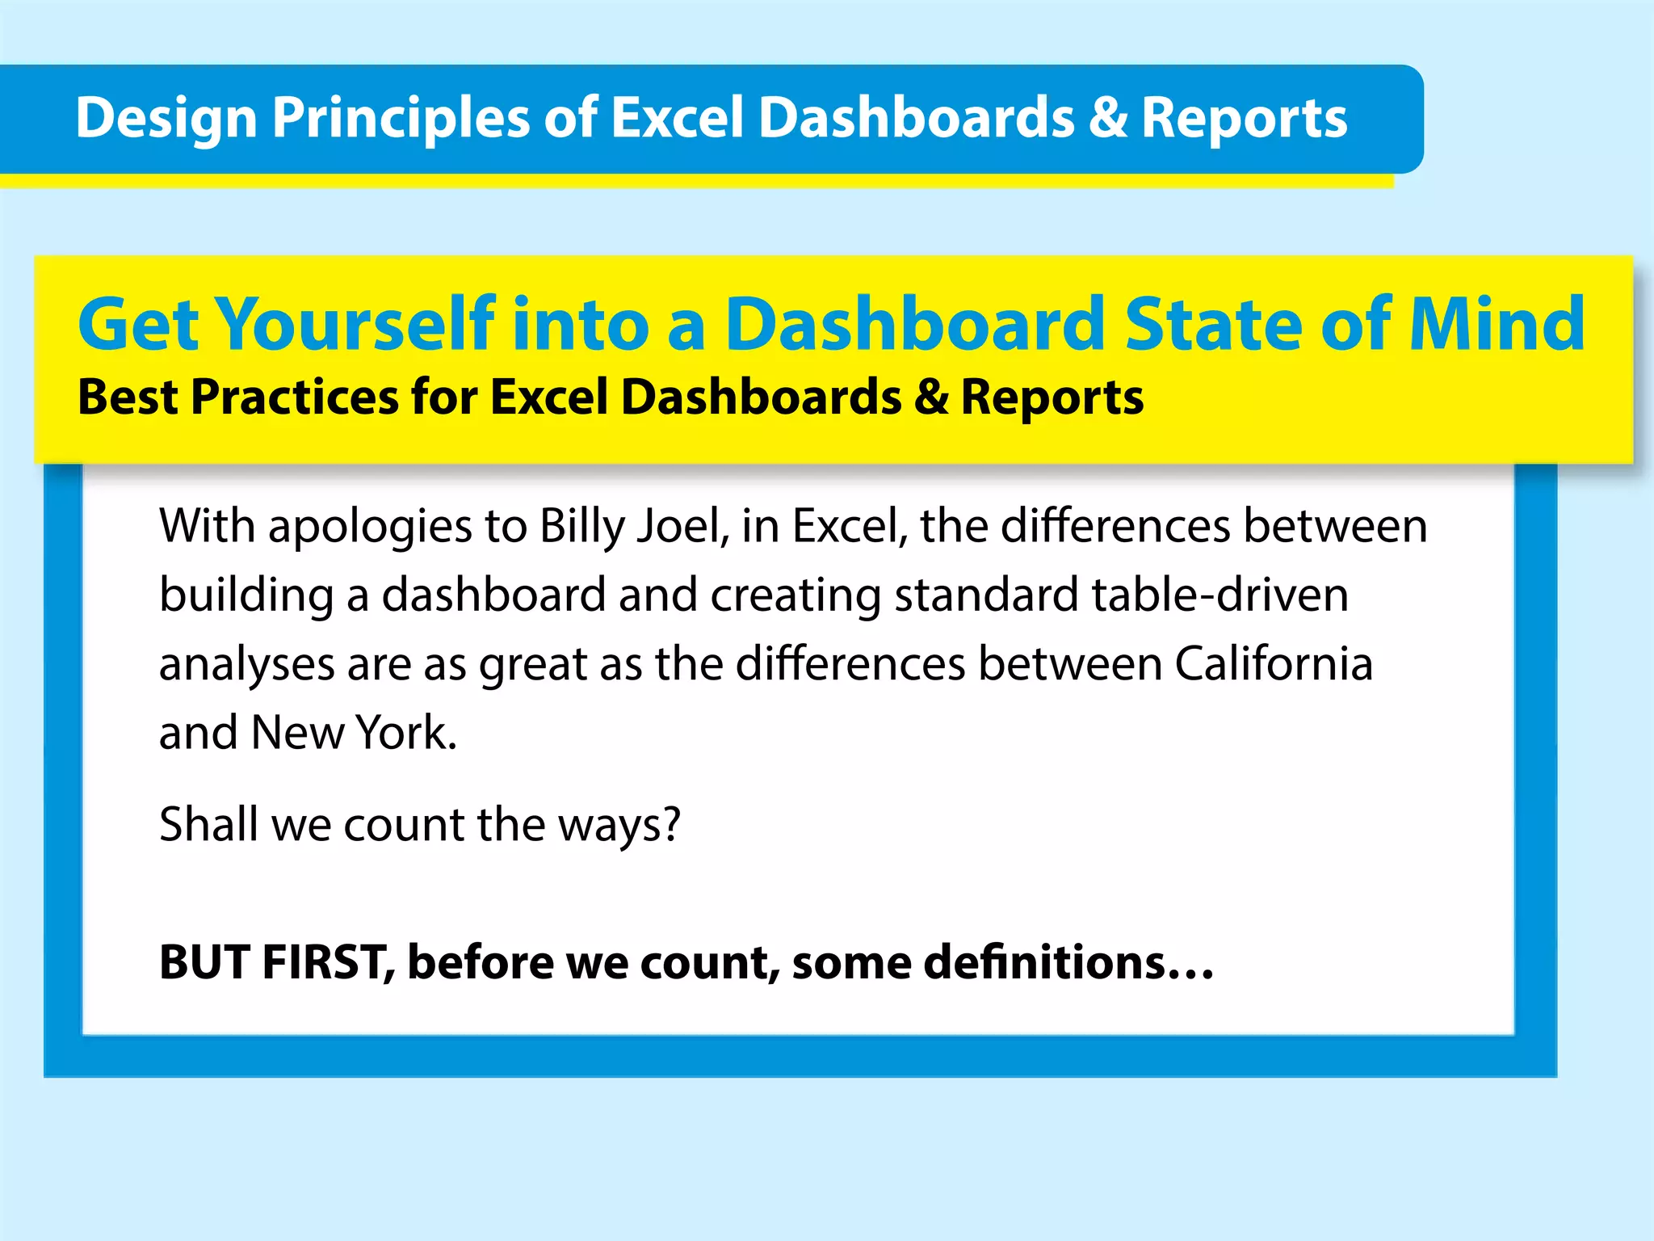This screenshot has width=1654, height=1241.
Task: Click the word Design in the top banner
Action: point(166,119)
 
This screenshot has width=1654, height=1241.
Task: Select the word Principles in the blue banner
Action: point(401,119)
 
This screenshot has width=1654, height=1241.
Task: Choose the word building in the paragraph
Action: point(246,596)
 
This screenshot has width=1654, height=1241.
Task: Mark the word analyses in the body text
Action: point(246,665)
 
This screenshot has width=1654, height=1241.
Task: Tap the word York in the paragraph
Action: point(406,733)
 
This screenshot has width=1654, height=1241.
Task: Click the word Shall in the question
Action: point(208,824)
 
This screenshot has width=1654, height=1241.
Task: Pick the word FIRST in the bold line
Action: point(328,962)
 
